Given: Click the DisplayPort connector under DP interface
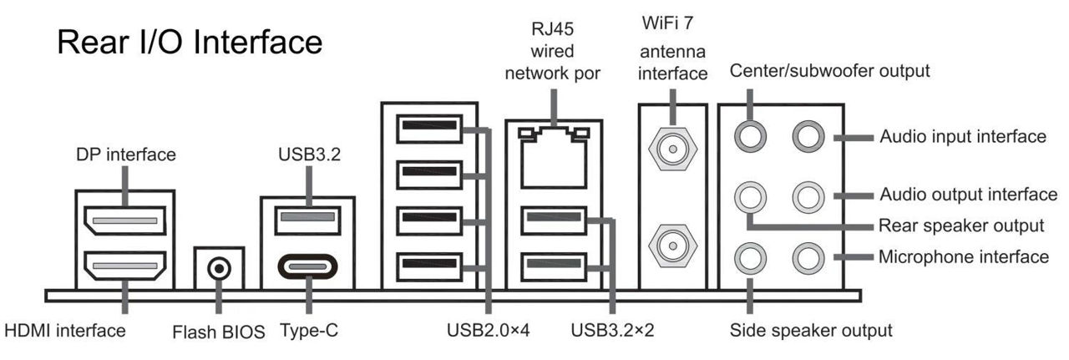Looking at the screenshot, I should pos(123,222).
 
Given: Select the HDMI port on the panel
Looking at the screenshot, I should pos(123,269).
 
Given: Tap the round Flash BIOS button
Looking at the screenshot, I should pos(219,269).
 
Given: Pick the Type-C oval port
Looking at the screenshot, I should pos(307,269).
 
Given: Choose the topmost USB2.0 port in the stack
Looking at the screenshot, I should pos(429,130).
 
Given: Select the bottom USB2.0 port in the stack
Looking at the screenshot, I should pos(429,268).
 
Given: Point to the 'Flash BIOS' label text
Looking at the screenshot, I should pos(218,332).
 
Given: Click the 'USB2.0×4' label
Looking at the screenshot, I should pos(489,331).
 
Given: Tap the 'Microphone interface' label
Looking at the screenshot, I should pos(963,256).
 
